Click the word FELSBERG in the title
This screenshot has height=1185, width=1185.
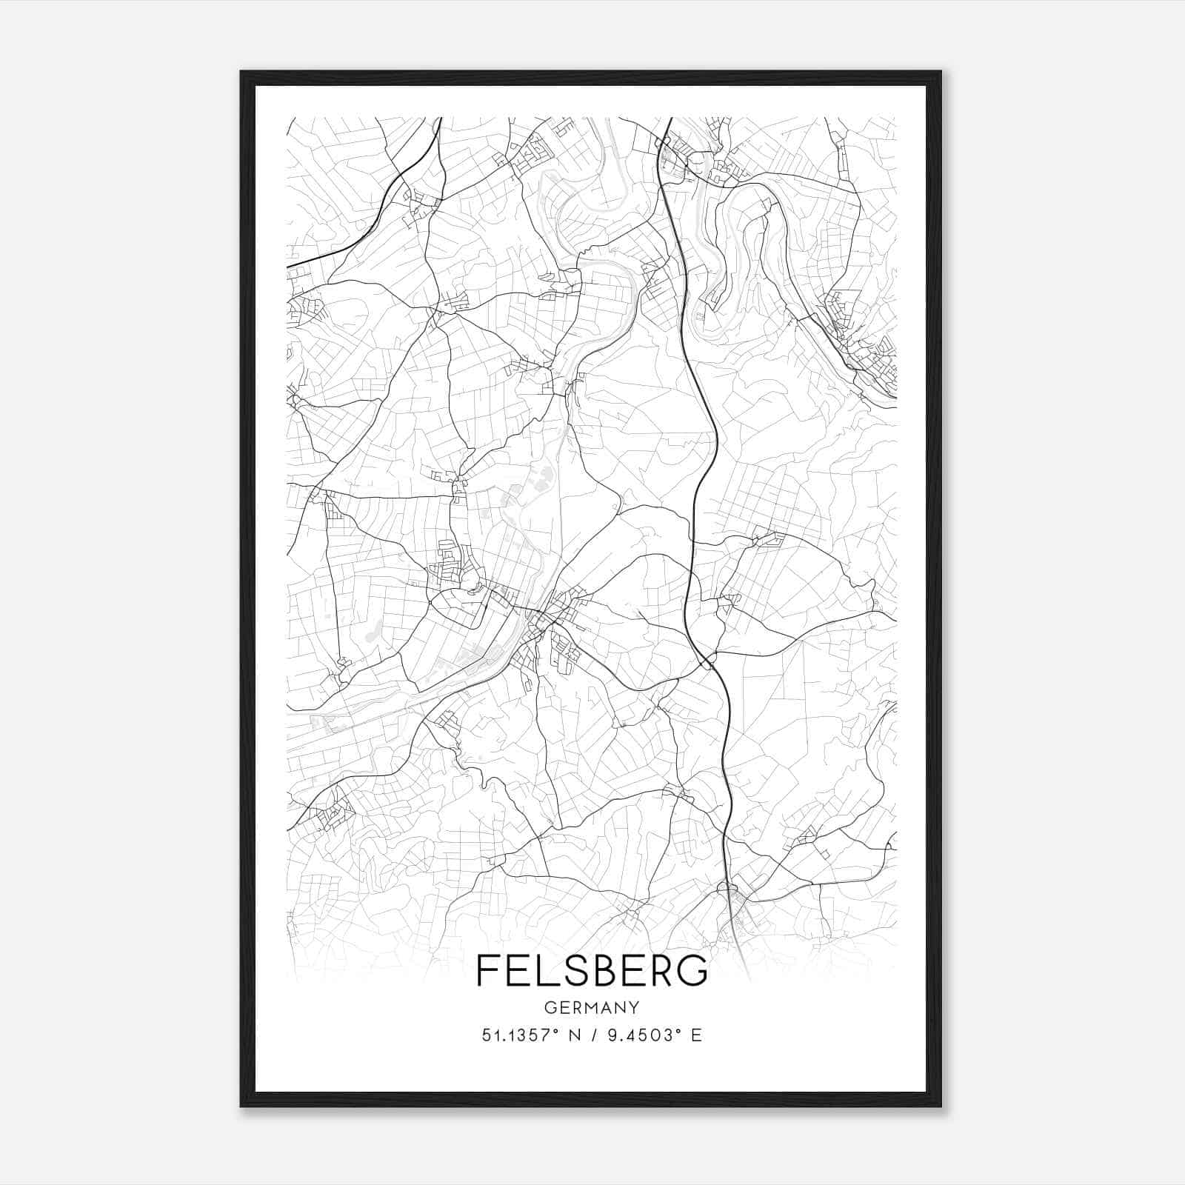[592, 970]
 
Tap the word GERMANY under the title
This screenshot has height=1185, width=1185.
[592, 1008]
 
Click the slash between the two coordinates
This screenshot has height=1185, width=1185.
[592, 1035]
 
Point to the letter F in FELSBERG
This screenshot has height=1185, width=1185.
[487, 970]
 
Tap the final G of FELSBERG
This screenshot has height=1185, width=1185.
[694, 970]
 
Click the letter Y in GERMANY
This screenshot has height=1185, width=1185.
[633, 1008]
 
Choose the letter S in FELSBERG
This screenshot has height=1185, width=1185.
[561, 970]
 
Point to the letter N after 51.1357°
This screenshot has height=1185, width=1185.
[573, 1035]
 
